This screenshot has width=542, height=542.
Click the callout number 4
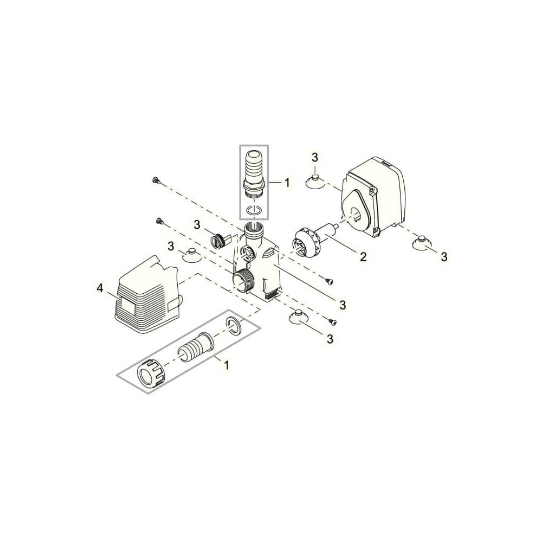pyautogui.click(x=100, y=288)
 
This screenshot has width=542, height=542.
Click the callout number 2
pyautogui.click(x=363, y=256)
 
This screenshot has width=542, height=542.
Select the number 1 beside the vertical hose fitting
pyautogui.click(x=287, y=182)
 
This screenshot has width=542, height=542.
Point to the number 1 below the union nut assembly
pyautogui.click(x=227, y=365)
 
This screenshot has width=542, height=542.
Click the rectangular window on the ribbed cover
pyautogui.click(x=128, y=306)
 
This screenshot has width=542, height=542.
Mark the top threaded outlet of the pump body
pyautogui.click(x=254, y=230)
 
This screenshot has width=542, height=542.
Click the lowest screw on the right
pyautogui.click(x=333, y=321)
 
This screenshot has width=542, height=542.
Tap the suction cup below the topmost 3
pyautogui.click(x=314, y=182)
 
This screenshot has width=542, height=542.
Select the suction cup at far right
pyautogui.click(x=421, y=242)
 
